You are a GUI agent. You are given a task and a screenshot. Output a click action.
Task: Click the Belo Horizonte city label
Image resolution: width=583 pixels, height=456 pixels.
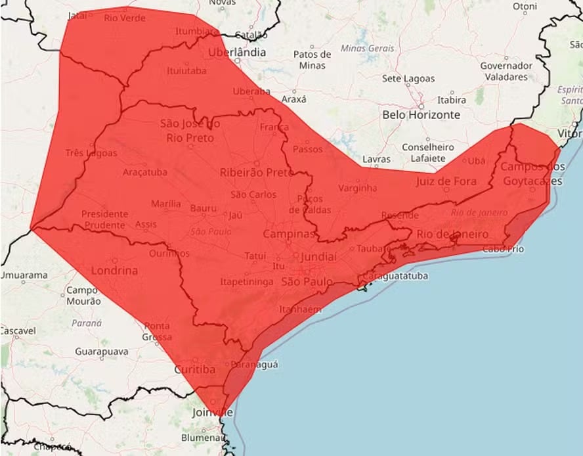tap(421, 114)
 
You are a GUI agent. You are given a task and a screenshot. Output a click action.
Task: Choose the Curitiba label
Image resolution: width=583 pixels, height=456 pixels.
tap(194, 370)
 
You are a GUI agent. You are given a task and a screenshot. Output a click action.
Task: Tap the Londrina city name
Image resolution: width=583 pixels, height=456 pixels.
tap(114, 270)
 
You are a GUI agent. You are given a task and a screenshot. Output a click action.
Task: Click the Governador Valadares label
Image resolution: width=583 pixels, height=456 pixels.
tap(506, 71)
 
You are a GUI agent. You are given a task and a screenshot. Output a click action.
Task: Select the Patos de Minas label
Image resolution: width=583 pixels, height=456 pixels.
tap(312, 60)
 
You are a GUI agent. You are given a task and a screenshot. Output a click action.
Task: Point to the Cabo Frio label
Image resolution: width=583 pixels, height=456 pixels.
tap(502, 249)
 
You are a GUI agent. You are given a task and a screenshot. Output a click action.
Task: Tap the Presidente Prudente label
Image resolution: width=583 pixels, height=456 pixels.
tap(104, 219)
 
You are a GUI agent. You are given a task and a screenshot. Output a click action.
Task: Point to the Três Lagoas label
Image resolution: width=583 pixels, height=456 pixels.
tap(91, 153)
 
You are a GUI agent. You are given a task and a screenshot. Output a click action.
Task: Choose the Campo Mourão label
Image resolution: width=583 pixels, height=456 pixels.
tap(83, 295)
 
